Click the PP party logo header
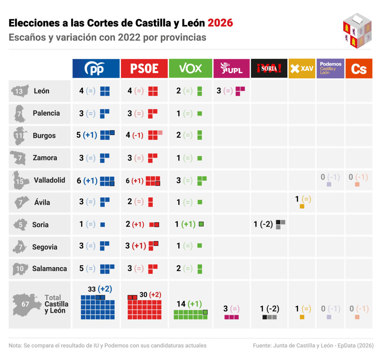[x=96, y=69]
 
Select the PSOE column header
[x=144, y=69]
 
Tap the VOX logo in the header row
[x=190, y=69]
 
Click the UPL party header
[x=231, y=69]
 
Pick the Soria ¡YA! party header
[x=269, y=69]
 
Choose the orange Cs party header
[x=359, y=69]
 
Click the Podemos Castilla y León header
[x=330, y=68]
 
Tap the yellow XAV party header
[x=302, y=69]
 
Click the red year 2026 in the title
[x=220, y=23]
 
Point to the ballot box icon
[x=357, y=31]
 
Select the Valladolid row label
[x=49, y=180]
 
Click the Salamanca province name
[x=49, y=268]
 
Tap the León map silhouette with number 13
[x=20, y=91]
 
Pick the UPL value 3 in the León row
[x=219, y=91]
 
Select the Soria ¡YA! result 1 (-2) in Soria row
[x=263, y=224]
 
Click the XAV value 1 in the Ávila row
[x=297, y=199]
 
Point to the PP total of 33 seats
[x=92, y=289]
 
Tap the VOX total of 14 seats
[x=181, y=304]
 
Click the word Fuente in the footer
[x=262, y=346]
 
